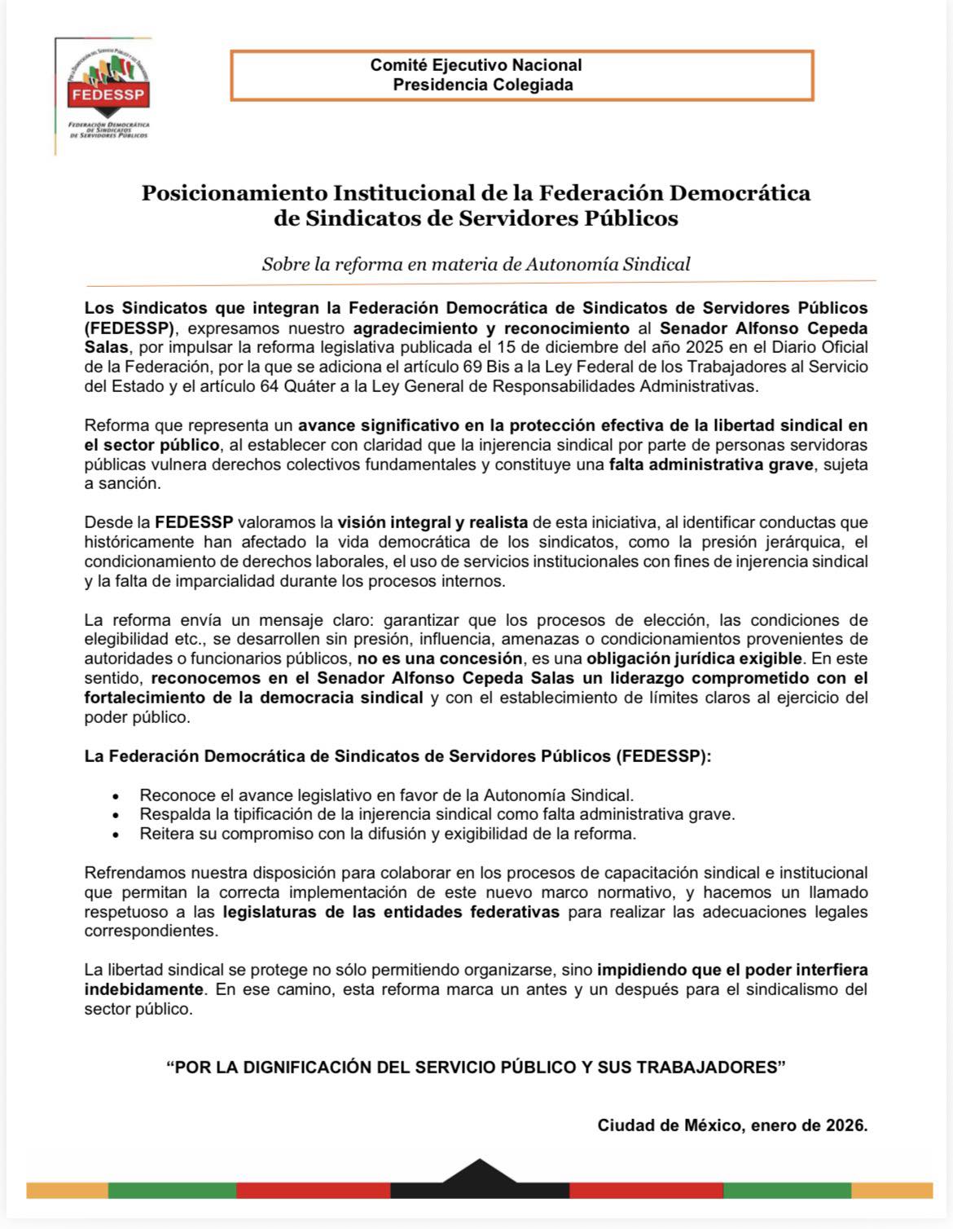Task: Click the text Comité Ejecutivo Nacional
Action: [476, 65]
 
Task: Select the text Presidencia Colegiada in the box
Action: [482, 85]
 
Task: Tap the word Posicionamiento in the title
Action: [234, 193]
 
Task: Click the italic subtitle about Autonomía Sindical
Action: [476, 264]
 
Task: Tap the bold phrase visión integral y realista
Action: [433, 522]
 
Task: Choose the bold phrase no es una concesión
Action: [439, 659]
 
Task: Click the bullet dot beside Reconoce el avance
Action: [116, 795]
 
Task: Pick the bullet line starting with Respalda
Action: [437, 814]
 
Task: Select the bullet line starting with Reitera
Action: [388, 834]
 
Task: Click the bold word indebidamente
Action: [144, 989]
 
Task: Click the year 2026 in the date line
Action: [844, 1126]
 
